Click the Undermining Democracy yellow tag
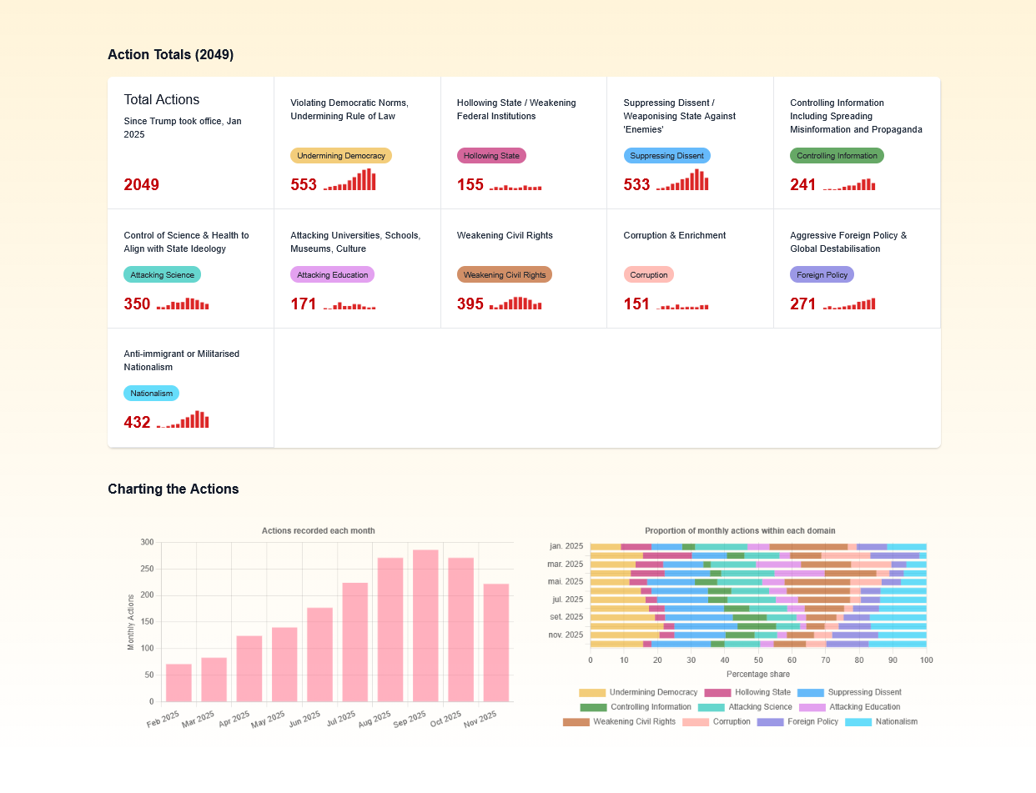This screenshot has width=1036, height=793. click(340, 156)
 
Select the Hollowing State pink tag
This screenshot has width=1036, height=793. click(491, 156)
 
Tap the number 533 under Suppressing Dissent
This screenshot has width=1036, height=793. click(636, 185)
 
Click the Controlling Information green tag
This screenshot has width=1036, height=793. click(837, 156)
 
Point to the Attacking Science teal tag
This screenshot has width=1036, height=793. click(162, 274)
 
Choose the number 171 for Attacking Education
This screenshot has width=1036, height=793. click(304, 304)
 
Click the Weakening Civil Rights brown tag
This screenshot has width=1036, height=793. click(504, 274)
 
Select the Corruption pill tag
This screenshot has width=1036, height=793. click(648, 274)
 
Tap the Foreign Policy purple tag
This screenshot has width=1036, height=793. click(822, 274)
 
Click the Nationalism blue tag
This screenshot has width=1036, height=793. click(151, 393)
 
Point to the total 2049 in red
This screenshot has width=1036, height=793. click(141, 185)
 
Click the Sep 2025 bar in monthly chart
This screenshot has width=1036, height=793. click(425, 625)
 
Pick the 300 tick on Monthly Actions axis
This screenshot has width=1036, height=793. click(147, 543)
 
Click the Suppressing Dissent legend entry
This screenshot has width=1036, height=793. click(849, 693)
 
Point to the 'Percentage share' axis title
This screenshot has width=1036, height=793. click(757, 674)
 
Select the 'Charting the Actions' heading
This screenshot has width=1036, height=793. click(173, 489)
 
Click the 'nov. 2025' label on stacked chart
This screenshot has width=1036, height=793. click(566, 635)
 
